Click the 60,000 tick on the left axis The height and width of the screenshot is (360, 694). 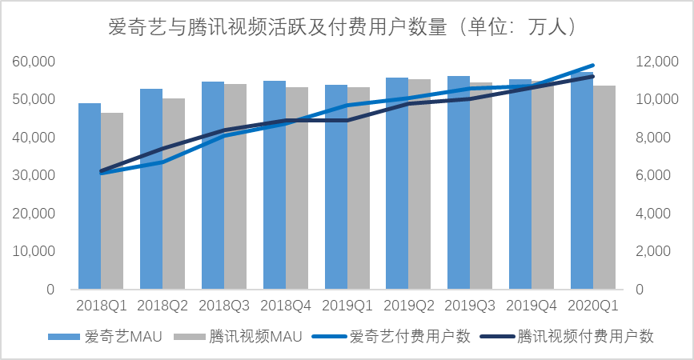[34, 62]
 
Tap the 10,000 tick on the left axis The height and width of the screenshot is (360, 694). [34, 251]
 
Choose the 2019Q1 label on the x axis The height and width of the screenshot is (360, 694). [347, 306]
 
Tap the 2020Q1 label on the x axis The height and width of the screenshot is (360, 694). [593, 306]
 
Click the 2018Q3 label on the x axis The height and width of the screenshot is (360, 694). [224, 306]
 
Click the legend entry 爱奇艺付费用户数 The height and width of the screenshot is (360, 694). [409, 337]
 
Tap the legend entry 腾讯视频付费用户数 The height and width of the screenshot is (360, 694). [585, 337]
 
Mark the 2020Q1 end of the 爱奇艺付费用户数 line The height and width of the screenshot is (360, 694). [593, 66]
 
